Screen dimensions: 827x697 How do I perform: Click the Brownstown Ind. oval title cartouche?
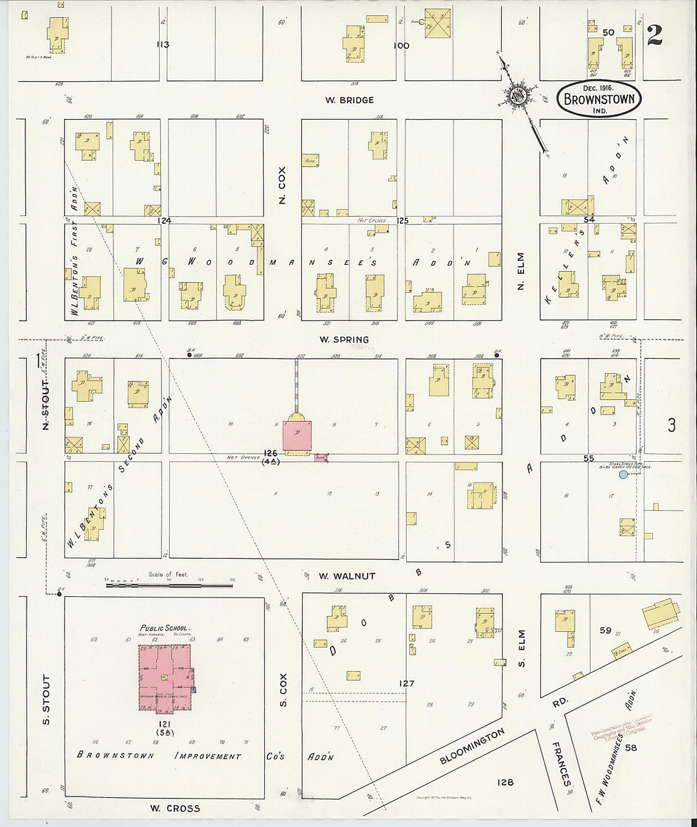point(599,99)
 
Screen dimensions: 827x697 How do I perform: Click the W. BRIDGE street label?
point(349,100)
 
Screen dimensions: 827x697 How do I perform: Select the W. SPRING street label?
point(343,340)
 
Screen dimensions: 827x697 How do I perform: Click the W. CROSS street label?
point(174,808)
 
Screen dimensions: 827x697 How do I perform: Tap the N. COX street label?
point(283,185)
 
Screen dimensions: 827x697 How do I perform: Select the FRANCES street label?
point(561,763)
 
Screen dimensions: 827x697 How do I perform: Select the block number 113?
point(163,44)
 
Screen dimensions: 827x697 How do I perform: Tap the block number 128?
point(505,782)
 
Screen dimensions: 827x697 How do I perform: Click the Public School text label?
point(165,628)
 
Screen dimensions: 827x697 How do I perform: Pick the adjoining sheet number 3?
point(671,425)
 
